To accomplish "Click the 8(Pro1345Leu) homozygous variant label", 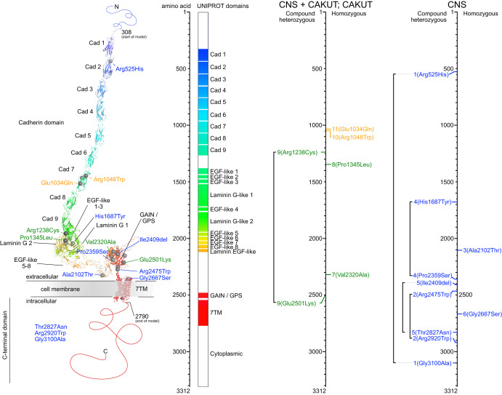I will click(352, 164).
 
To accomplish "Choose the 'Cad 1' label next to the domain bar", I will click(218, 55).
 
